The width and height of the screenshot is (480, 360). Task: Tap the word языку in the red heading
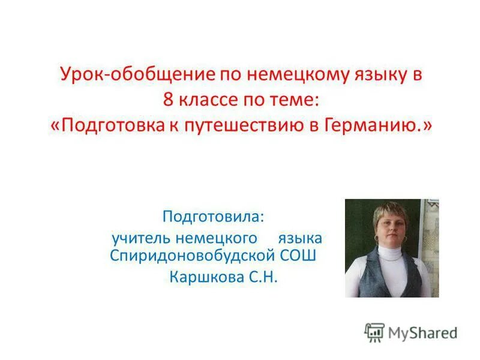(374, 76)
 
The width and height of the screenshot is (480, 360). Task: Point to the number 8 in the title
(169, 101)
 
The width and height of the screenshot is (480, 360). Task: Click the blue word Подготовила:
(215, 215)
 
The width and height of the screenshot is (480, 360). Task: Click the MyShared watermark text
(422, 331)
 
